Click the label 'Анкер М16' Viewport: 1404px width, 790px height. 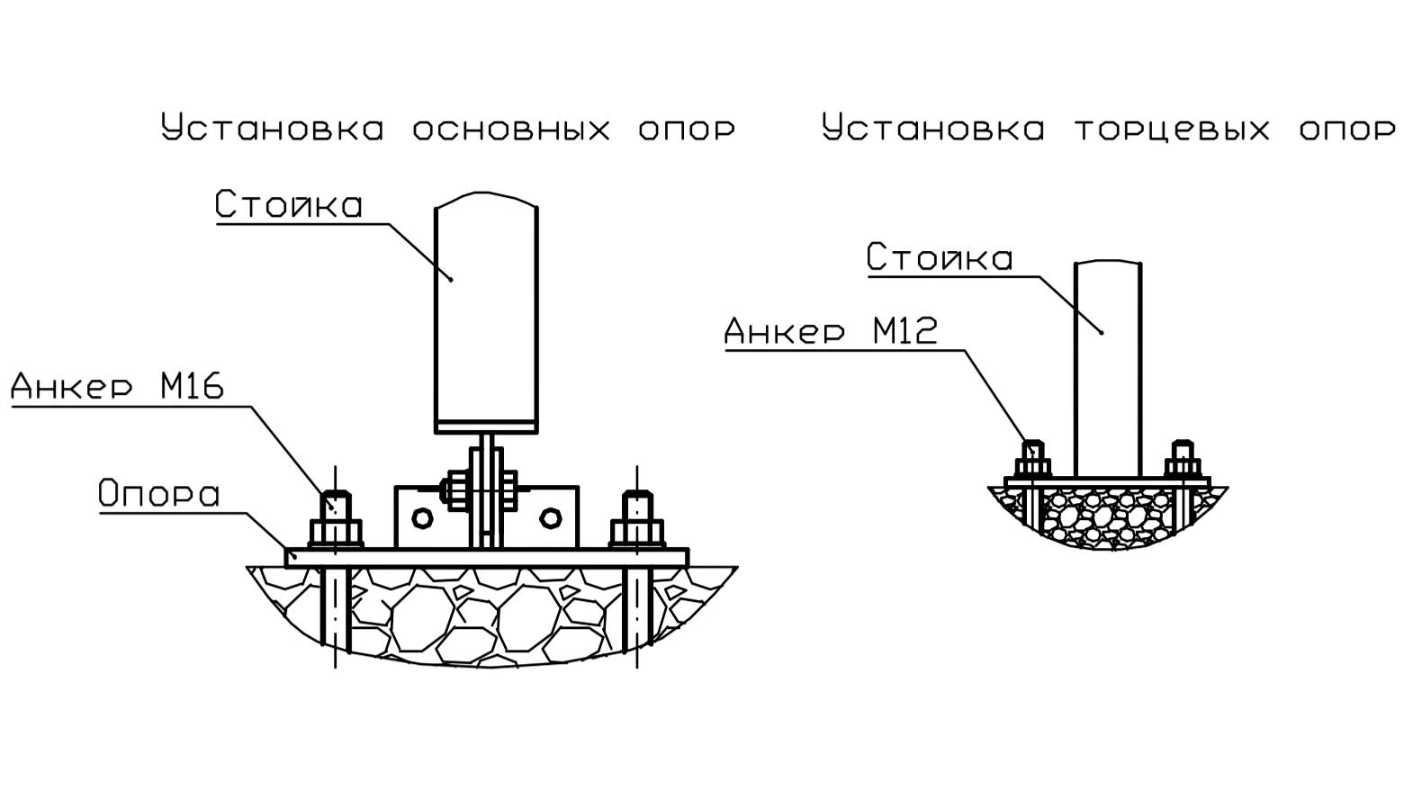(x=117, y=387)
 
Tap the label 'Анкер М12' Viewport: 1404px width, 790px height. (x=831, y=331)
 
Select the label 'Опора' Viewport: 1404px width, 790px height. (x=158, y=494)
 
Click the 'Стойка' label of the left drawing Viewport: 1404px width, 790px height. (x=289, y=205)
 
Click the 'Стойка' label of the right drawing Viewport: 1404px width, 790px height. (x=940, y=258)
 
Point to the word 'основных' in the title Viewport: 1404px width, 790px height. (x=511, y=129)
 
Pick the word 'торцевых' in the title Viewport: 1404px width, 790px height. (x=1172, y=129)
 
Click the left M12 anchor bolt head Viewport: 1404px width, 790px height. (x=1033, y=466)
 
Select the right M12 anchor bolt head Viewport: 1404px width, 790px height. (x=1183, y=466)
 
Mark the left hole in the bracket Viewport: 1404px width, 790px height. (x=421, y=517)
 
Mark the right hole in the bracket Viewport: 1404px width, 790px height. (x=550, y=517)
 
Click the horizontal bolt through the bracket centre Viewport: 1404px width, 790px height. (x=477, y=490)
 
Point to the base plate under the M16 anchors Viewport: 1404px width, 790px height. (x=486, y=558)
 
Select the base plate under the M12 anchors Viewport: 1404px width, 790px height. (x=1108, y=482)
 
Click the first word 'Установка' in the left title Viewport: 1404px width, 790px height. (x=273, y=129)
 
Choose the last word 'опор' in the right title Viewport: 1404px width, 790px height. (x=1346, y=129)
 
